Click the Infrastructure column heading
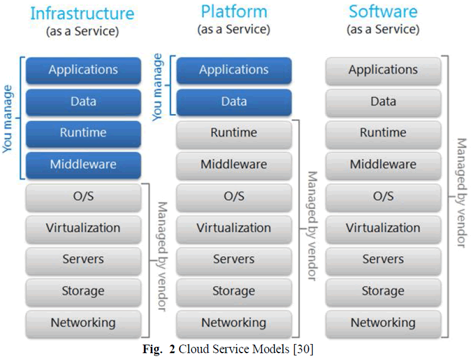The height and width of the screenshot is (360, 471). click(82, 14)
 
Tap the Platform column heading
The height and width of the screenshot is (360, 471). click(234, 11)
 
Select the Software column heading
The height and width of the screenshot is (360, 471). click(383, 11)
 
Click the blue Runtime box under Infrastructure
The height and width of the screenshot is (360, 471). click(83, 133)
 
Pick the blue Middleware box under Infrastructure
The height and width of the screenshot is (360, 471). click(83, 165)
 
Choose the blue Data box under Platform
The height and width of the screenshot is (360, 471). click(234, 102)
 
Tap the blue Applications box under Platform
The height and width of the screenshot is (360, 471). click(234, 70)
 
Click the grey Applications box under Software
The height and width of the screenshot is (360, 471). click(383, 70)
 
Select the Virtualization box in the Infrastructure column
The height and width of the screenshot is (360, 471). click(83, 228)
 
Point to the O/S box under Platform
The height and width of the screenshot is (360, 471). click(234, 197)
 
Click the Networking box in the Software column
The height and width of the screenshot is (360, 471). click(383, 323)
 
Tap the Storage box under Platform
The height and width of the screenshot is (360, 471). click(234, 292)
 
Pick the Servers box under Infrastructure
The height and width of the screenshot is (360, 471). click(83, 260)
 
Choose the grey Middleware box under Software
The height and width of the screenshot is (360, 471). click(383, 165)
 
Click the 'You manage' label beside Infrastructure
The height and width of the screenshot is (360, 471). click(8, 119)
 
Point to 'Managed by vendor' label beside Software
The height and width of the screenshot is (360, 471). click(461, 195)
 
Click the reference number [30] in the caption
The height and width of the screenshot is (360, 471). click(303, 349)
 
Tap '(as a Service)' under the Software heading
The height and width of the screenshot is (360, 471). click(383, 29)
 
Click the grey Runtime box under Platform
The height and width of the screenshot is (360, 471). click(234, 133)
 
